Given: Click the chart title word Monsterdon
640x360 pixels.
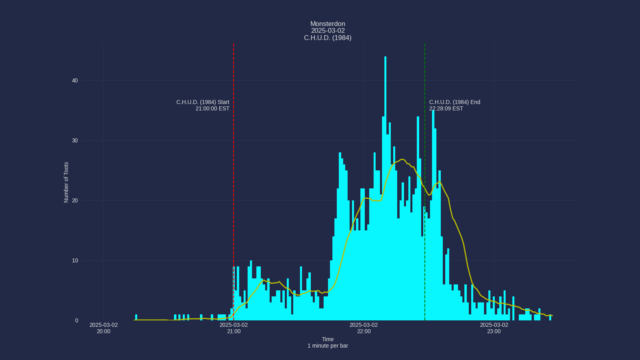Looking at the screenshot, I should click(328, 24).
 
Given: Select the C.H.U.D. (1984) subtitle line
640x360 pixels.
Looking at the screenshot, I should click(328, 38).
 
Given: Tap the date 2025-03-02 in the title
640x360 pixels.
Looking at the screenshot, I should click(328, 31).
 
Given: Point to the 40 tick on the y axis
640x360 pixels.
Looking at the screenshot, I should click(75, 81).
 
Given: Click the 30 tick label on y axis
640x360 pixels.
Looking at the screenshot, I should click(75, 141).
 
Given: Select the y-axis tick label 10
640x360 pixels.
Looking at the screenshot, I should click(75, 261).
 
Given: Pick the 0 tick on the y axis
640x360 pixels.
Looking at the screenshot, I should click(76, 321).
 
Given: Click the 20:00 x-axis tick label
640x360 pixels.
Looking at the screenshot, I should click(104, 331).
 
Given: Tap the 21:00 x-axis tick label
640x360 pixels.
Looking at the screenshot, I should click(234, 331).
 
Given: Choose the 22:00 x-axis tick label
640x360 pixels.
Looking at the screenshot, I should click(364, 331).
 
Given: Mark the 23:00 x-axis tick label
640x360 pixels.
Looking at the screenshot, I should click(494, 331).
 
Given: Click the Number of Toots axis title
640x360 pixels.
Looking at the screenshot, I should click(66, 182).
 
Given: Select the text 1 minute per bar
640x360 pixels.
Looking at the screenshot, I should click(328, 346).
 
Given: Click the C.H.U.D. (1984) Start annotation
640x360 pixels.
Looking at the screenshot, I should click(203, 102).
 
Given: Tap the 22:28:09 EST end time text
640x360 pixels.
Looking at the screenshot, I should click(446, 109).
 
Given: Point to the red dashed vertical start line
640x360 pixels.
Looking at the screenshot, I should click(234, 160).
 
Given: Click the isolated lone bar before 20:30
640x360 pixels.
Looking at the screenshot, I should click(136, 318).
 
